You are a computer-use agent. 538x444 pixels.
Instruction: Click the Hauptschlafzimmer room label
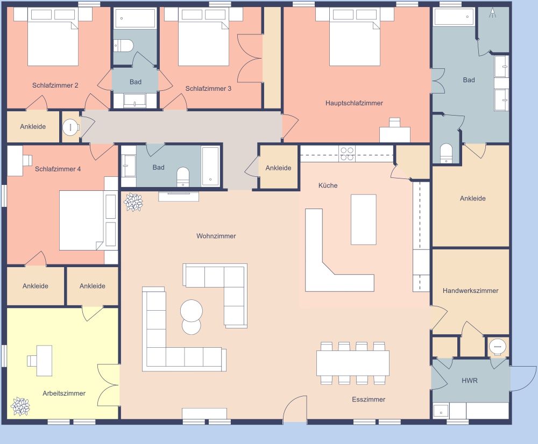[x=354, y=103]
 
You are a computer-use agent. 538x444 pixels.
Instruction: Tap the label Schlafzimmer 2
[x=55, y=85]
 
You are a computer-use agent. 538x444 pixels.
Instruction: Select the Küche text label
[x=328, y=185]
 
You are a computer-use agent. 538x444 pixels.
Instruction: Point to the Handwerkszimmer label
[x=470, y=291]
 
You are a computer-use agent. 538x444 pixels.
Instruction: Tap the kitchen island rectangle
[x=363, y=219]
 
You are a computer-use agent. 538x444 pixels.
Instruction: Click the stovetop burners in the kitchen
[x=347, y=154]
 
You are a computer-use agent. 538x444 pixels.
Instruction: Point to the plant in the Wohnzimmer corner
[x=133, y=202]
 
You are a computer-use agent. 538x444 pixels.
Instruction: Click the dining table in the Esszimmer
[x=352, y=363]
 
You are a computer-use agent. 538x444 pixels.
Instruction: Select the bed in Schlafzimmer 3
[x=203, y=44]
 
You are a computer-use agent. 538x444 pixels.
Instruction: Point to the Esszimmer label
[x=369, y=399]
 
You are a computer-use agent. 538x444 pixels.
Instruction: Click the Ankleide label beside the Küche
[x=278, y=168]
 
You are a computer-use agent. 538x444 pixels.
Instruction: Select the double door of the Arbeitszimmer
[x=109, y=382]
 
